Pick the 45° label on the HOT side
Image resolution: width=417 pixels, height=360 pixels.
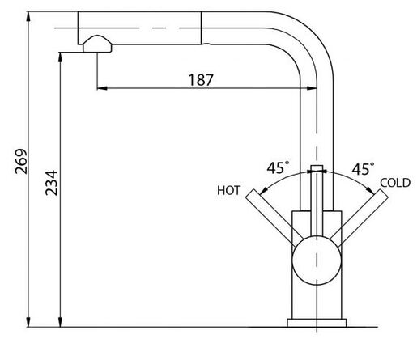(x=279, y=167)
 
